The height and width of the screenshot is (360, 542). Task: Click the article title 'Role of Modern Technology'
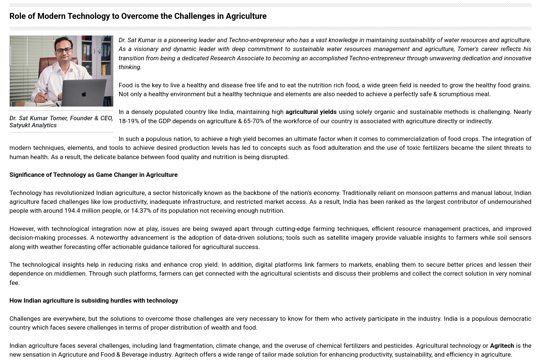point(138,16)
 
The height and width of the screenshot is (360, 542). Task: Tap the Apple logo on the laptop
point(84,94)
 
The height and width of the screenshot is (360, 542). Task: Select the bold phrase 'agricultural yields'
point(311,112)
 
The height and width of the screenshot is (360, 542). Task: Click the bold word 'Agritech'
point(502,346)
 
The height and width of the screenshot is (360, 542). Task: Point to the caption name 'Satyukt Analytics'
point(33,125)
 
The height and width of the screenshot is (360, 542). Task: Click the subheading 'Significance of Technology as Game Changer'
point(93,175)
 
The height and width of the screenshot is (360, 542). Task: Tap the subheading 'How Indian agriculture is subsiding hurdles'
point(94,300)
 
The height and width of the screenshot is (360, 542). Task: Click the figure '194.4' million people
point(72,211)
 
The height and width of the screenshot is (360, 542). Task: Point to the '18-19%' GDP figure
point(128,121)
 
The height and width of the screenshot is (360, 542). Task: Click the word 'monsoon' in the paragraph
point(419,193)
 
